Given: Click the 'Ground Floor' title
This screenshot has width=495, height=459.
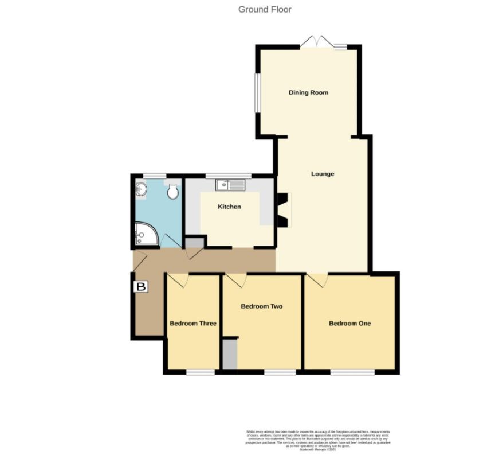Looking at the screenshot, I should click(265, 9).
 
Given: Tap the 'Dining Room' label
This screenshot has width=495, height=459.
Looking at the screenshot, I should click(308, 92).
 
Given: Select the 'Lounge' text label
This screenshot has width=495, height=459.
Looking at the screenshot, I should click(323, 174).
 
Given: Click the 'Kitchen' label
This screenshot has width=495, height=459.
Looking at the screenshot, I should click(229, 207).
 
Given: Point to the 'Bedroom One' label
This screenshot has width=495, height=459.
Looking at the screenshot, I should click(349, 324).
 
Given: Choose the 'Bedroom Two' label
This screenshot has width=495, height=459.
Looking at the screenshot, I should click(261, 306).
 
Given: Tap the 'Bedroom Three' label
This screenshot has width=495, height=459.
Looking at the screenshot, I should click(193, 324).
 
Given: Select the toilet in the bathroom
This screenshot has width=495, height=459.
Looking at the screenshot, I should click(172, 191).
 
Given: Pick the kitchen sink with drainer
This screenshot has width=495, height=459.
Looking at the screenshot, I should click(230, 185).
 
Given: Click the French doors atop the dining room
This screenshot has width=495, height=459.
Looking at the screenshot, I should click(317, 44).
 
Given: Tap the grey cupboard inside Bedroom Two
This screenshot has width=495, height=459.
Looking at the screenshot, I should click(229, 354).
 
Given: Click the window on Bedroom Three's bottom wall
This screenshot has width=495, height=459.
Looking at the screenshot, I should click(200, 372).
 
